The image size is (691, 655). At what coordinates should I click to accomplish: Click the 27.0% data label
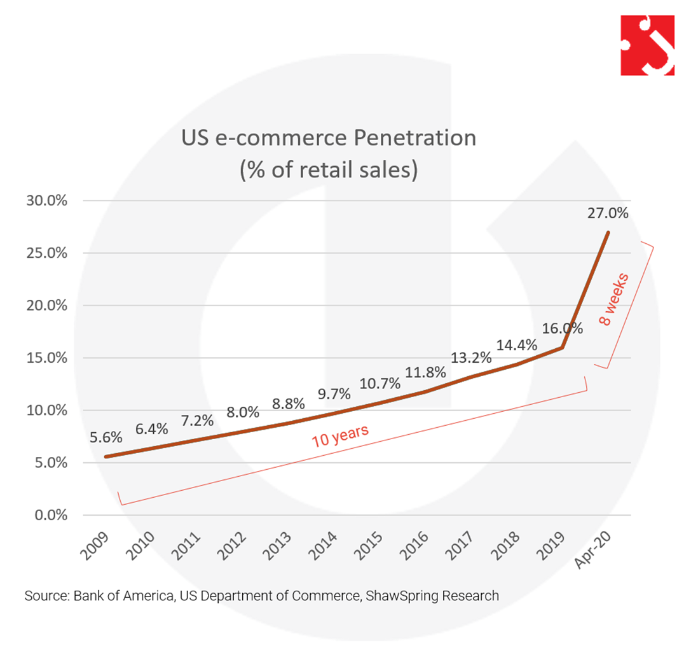click(x=608, y=213)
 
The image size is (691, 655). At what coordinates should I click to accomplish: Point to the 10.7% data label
click(x=380, y=384)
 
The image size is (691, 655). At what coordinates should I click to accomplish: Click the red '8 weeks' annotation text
click(x=615, y=300)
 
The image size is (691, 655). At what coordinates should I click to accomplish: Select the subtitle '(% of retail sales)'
click(x=329, y=170)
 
